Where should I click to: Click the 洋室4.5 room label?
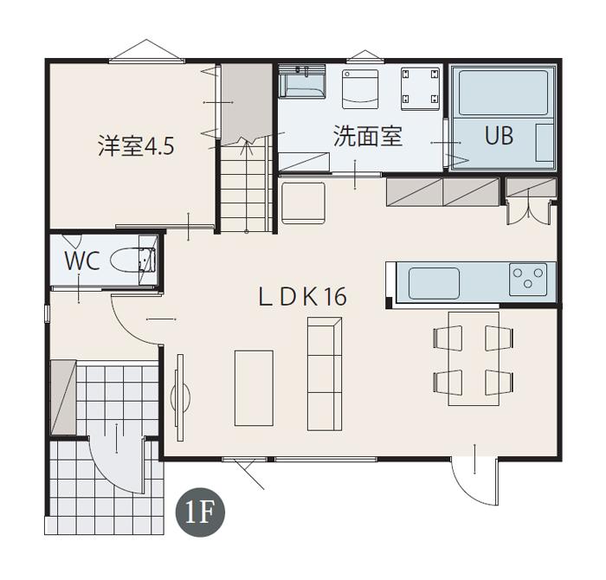pos(136,145)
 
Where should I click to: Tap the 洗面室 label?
pos(368,136)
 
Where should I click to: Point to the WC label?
pos(81,261)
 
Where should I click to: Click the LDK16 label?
pos(303,297)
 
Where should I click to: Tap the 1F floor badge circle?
pos(200,513)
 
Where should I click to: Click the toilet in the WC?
pos(134,260)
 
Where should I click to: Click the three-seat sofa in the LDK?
pos(325,372)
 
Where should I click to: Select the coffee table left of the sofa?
pos(254,387)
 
